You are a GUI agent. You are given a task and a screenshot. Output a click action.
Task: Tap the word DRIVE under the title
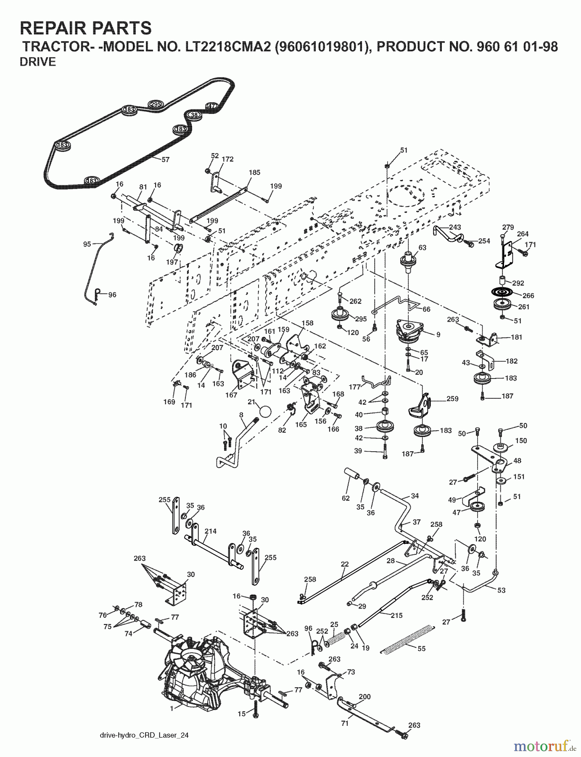[38, 62]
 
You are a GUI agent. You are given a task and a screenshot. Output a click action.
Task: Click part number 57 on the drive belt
[166, 160]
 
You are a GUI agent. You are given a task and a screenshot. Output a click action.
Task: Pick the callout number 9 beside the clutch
[438, 335]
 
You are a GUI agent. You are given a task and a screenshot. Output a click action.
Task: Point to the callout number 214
[210, 531]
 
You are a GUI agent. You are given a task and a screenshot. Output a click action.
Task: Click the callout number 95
[87, 244]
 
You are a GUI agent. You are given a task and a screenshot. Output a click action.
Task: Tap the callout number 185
[254, 172]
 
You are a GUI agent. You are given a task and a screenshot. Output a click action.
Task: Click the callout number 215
[396, 615]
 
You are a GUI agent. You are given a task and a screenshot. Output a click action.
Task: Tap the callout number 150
[521, 441]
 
